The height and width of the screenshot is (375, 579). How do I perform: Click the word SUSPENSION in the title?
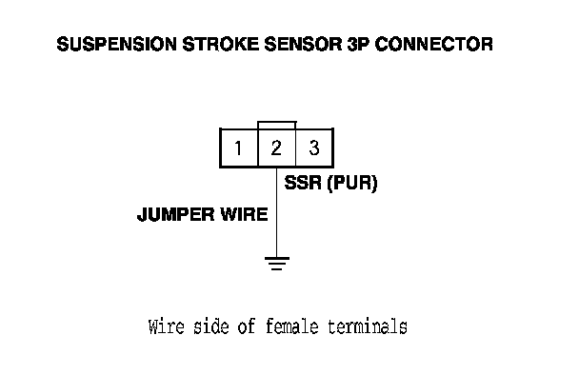tap(117, 44)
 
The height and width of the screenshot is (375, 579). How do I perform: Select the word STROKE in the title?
tap(220, 44)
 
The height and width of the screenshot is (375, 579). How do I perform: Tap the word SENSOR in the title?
tap(303, 44)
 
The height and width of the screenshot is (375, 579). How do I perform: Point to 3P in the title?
tap(358, 44)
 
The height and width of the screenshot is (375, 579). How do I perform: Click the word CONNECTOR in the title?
tap(434, 44)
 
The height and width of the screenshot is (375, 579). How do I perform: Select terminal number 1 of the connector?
tap(238, 148)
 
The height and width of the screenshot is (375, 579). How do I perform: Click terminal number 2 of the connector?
tap(276, 148)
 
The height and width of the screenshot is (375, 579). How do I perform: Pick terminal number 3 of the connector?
tap(314, 148)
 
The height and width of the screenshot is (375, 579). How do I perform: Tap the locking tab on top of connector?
tap(277, 122)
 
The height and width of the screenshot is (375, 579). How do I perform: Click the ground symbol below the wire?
tap(277, 264)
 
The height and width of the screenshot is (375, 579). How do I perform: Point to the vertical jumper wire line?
tap(277, 212)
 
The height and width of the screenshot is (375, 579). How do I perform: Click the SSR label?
tap(303, 183)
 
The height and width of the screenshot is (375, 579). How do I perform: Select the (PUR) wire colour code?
tap(352, 183)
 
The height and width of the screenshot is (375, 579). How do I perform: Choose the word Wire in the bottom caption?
tap(166, 326)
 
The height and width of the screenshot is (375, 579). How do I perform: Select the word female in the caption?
tap(291, 326)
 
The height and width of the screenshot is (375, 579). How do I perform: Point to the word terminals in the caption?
tap(368, 326)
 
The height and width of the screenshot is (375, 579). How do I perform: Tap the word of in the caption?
tap(247, 326)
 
